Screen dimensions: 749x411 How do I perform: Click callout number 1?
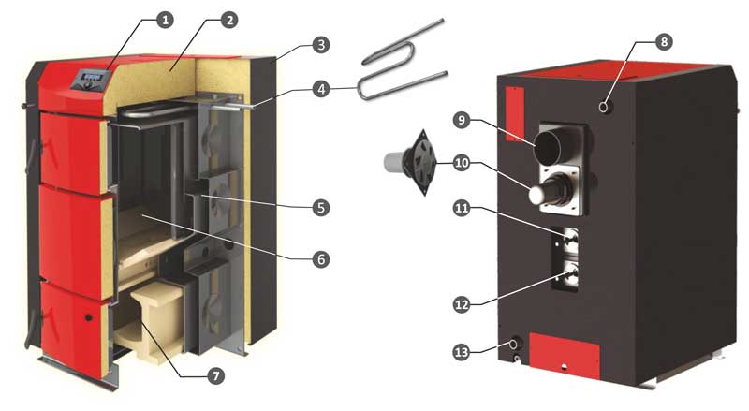165,20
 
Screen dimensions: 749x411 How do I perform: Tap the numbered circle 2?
229,20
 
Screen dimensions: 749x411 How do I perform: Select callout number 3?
321,45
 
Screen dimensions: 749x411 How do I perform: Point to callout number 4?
321,89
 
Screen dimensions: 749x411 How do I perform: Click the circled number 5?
321,208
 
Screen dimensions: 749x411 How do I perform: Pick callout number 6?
321,259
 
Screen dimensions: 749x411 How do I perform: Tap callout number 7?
216,375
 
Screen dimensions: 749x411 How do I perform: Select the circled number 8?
664,41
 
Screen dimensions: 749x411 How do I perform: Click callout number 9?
462,120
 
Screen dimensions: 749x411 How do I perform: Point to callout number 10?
462,163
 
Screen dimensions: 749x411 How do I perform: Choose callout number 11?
462,209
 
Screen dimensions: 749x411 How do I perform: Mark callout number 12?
462,304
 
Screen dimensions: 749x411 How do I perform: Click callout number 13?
462,353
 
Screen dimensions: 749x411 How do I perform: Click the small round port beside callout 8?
605,107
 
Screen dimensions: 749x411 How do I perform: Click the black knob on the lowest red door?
89,317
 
